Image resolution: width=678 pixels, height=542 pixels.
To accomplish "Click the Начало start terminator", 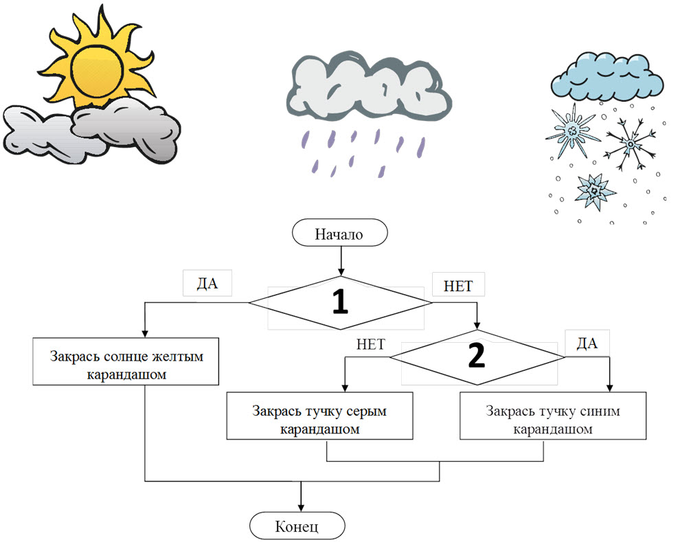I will point(339,234).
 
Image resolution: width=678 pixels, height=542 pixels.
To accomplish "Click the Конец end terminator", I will point(297,527).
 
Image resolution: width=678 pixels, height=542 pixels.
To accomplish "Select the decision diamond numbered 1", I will point(339,303).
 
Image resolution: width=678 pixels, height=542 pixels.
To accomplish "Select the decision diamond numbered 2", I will point(478,354).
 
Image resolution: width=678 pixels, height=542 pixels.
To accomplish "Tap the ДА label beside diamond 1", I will point(207,284).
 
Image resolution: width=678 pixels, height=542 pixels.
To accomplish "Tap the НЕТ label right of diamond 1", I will point(458,284).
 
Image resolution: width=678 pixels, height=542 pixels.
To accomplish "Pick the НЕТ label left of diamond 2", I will point(371,344).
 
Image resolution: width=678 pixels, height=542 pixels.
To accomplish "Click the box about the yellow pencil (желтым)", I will point(126,361).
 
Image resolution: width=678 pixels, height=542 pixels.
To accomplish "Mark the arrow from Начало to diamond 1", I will point(339,261).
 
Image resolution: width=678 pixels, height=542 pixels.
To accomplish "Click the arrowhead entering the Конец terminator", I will point(301,506).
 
